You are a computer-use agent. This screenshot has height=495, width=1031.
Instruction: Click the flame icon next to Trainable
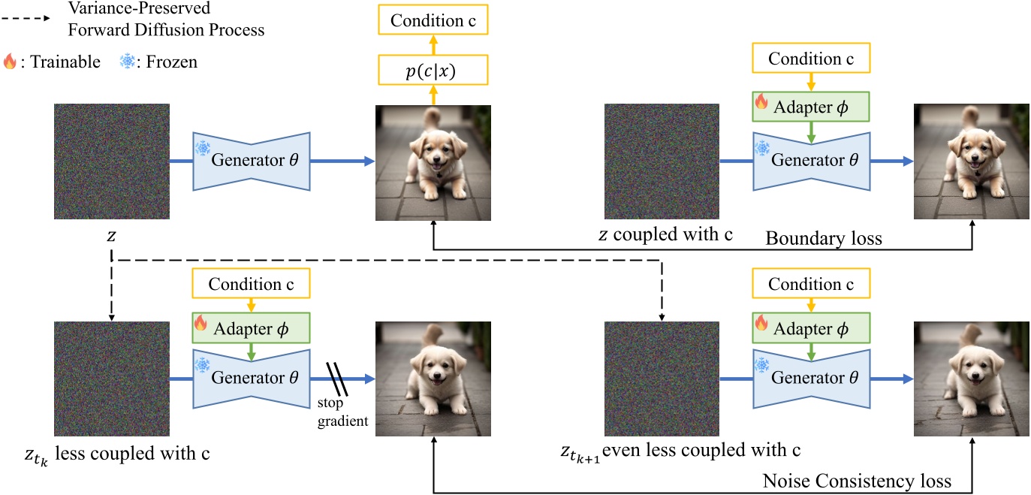point(9,62)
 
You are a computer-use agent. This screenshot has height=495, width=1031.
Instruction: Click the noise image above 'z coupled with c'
point(662,161)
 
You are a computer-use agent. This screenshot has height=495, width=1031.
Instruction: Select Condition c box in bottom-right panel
point(810,285)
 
